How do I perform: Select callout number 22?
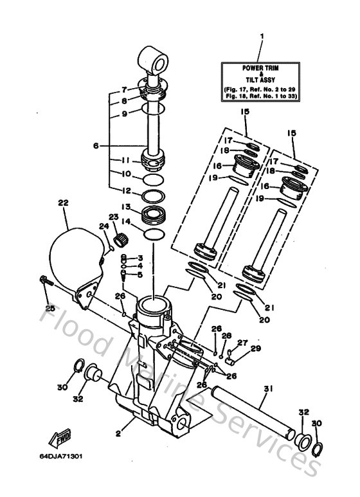tap(63, 203)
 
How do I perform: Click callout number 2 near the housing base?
tap(118, 434)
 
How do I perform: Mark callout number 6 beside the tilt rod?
tap(95, 146)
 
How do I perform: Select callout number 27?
tap(242, 342)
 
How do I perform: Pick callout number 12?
tap(127, 190)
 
